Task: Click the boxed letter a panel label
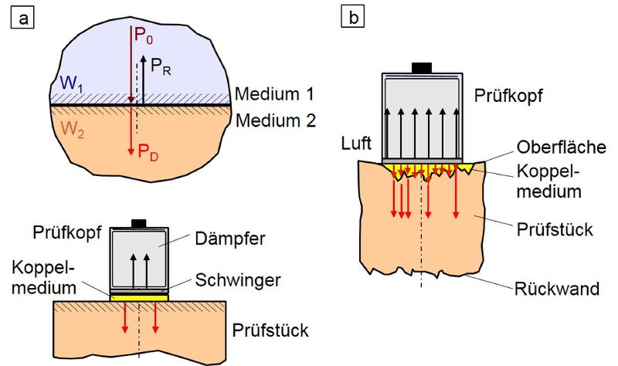22,18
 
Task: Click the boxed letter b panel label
352,18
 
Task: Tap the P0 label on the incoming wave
144,36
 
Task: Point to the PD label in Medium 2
148,152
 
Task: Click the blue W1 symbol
71,83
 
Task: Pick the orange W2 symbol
73,129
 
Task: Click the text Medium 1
274,94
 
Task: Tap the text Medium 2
276,120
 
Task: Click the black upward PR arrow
142,80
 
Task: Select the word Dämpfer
229,239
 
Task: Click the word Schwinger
238,280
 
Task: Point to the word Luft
356,144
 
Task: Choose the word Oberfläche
562,147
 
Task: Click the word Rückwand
556,289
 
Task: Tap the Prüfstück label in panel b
555,229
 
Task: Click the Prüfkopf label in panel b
508,95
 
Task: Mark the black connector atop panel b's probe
422,68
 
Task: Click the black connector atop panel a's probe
139,224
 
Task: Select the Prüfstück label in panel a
270,330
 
